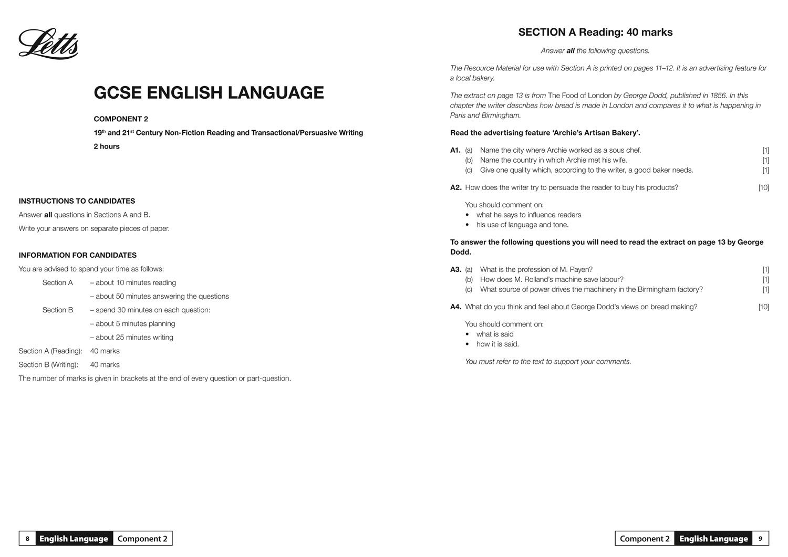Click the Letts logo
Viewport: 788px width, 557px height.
pyautogui.click(x=48, y=44)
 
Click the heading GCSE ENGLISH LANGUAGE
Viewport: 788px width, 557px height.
pyautogui.click(x=209, y=92)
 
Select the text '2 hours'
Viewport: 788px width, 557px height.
pyautogui.click(x=107, y=146)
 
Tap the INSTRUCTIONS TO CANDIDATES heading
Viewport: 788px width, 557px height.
pyautogui.click(x=77, y=201)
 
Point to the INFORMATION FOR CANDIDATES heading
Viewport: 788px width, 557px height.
pyautogui.click(x=77, y=255)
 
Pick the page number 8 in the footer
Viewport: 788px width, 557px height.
pyautogui.click(x=27, y=539)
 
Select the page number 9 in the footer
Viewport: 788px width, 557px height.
pyautogui.click(x=760, y=539)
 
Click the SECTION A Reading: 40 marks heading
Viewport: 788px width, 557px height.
pyautogui.click(x=595, y=32)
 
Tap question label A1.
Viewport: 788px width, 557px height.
pyautogui.click(x=455, y=150)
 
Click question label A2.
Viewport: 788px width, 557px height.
pyautogui.click(x=455, y=187)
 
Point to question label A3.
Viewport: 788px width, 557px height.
pyautogui.click(x=455, y=269)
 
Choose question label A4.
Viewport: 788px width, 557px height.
pyautogui.click(x=455, y=307)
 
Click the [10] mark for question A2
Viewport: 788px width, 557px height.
pyautogui.click(x=763, y=187)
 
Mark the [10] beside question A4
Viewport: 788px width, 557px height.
pyautogui.click(x=763, y=307)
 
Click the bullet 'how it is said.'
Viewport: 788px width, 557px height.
pyautogui.click(x=497, y=344)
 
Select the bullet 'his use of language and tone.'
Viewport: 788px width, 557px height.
pyautogui.click(x=522, y=225)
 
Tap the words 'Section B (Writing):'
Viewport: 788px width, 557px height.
pyautogui.click(x=48, y=365)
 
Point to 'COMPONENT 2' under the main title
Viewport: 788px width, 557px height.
pyautogui.click(x=121, y=119)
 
